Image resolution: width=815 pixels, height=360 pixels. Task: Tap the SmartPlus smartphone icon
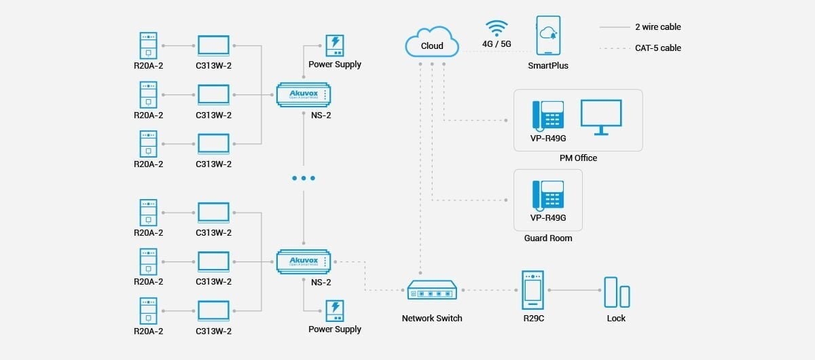548,35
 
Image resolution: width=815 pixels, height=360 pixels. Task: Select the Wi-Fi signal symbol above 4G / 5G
496,29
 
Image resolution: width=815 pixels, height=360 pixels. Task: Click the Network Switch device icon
432,291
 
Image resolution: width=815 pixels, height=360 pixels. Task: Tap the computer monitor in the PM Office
601,116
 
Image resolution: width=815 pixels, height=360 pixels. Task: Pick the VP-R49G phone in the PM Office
548,115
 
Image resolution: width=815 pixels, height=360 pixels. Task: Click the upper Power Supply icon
335,45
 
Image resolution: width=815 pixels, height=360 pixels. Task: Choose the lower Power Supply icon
335,310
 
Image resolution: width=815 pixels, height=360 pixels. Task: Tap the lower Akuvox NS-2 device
304,262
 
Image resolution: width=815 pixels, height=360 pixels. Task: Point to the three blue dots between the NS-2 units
304,178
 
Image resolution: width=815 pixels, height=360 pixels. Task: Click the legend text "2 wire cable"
657,27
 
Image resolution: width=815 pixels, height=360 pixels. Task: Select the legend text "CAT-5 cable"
657,48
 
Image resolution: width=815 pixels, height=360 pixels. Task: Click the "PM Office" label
578,158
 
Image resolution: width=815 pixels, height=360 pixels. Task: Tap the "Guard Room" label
548,238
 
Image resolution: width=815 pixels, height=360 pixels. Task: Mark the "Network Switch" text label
432,318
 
